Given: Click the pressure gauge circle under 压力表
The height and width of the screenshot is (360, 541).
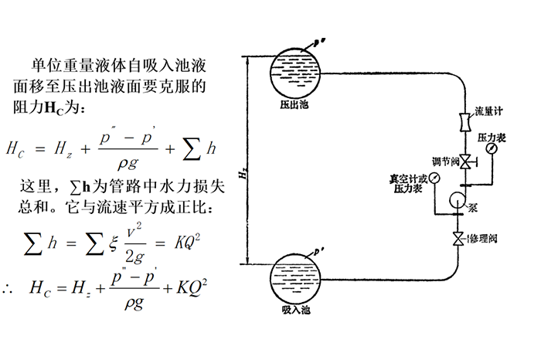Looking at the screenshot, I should pos(492,150).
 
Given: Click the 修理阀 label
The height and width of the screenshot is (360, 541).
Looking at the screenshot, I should pos(484,240).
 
